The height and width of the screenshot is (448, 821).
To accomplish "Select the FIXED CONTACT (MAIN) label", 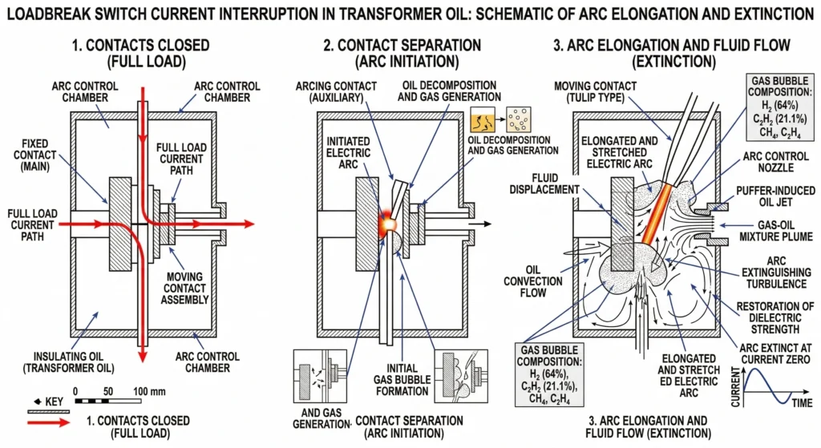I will tap(37, 155).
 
